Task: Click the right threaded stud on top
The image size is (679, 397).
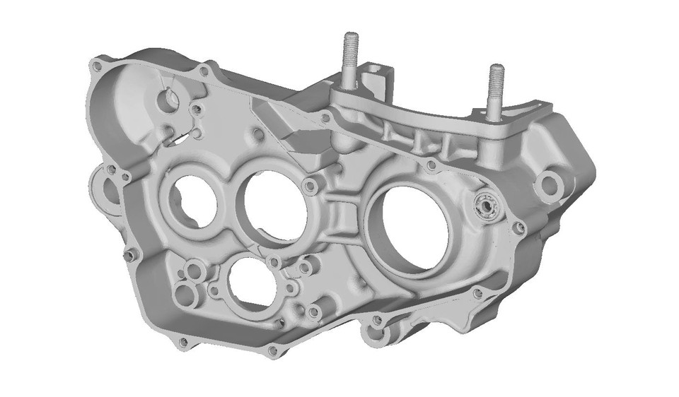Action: (x=496, y=88)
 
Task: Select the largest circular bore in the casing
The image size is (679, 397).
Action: (x=408, y=226)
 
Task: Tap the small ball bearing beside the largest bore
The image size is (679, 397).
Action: (x=488, y=206)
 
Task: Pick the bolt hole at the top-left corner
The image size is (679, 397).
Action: (x=96, y=66)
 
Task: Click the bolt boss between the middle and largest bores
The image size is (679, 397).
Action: (x=309, y=186)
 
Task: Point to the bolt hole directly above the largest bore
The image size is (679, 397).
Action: (x=431, y=166)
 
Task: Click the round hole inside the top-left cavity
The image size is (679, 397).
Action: (x=170, y=100)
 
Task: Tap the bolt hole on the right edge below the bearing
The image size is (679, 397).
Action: (x=518, y=228)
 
